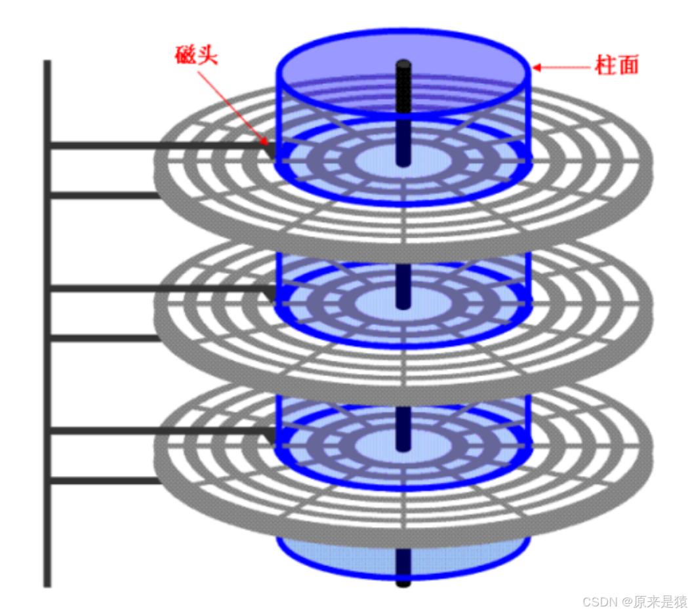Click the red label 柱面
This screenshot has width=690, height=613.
click(616, 66)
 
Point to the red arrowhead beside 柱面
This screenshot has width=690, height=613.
click(537, 66)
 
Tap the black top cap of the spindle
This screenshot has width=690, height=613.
click(403, 64)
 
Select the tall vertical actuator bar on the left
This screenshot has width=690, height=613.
click(47, 328)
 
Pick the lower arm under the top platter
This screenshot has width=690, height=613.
click(105, 195)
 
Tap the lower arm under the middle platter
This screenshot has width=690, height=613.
click(105, 338)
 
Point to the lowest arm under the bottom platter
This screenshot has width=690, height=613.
click(105, 481)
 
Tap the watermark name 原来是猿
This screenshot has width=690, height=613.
click(660, 601)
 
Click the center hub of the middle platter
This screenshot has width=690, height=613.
click(380, 302)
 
